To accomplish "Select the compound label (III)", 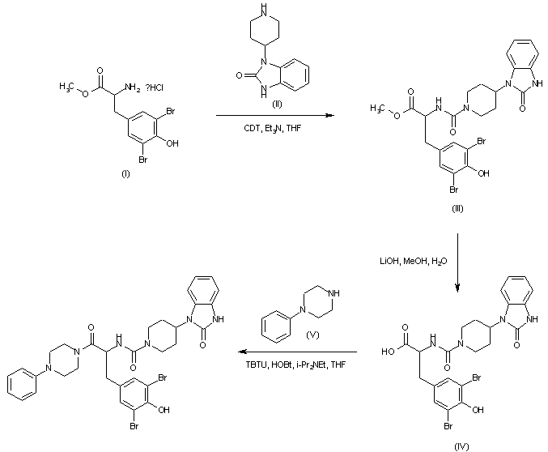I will [x=457, y=209].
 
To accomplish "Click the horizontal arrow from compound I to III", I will [x=275, y=117].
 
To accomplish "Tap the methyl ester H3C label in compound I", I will [x=65, y=83].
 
